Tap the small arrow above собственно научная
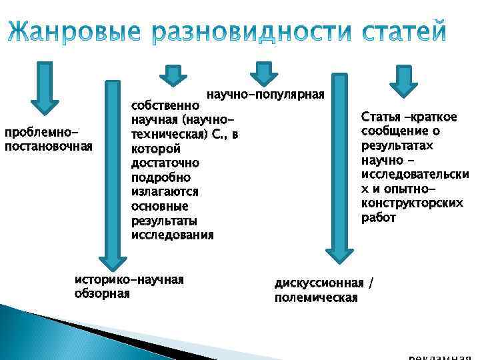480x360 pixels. pos(173,75)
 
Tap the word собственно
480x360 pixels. pos(164,105)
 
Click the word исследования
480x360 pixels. pos(173,235)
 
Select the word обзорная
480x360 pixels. pos(102,293)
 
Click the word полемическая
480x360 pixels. pos(316,297)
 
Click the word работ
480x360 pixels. pos(378,218)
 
